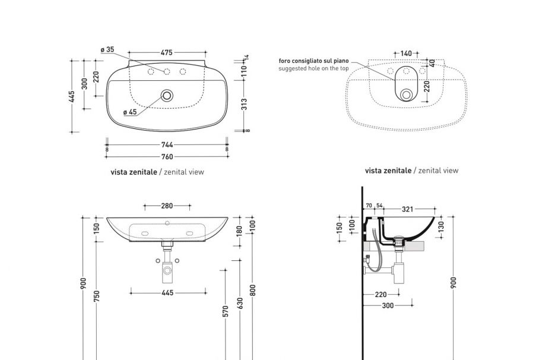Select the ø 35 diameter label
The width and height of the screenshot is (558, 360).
tap(107, 50)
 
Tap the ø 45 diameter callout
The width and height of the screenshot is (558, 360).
tap(129, 112)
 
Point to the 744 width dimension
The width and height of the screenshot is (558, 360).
tap(167, 144)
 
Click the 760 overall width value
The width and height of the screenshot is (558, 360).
tap(167, 157)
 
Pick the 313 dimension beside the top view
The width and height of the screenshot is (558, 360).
tap(243, 104)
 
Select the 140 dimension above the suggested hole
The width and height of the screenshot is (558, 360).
tap(406, 53)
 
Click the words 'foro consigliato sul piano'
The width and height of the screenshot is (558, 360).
tap(314, 61)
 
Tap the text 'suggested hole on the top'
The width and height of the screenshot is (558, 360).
tap(313, 68)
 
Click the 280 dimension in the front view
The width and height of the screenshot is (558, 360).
tap(167, 206)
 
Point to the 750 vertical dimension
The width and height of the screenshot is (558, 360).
tap(96, 295)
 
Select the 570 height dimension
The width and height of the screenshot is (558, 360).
tap(226, 311)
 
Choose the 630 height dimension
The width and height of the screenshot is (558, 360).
tap(240, 303)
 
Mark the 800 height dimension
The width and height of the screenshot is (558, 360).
tap(253, 290)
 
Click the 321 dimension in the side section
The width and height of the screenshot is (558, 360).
tap(407, 209)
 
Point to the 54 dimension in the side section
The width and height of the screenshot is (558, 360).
tap(380, 206)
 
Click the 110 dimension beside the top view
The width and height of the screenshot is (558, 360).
tap(243, 70)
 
